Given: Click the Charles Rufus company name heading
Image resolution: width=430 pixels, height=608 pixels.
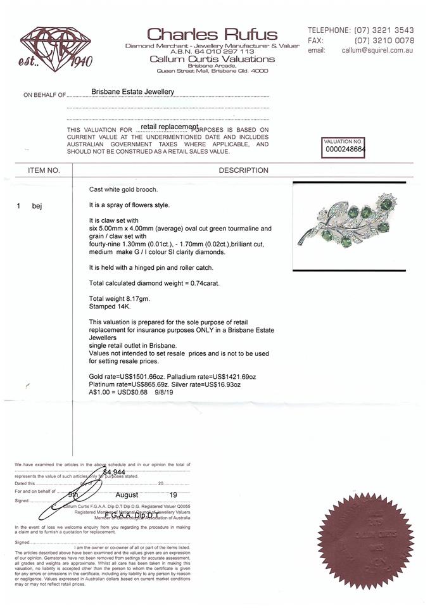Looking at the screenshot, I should (x=212, y=34).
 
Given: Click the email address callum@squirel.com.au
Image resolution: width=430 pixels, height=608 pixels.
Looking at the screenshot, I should (x=377, y=50).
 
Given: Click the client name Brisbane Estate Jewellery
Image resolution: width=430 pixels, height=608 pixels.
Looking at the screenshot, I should (x=132, y=92).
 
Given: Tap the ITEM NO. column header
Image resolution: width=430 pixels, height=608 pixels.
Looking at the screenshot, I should (x=44, y=170).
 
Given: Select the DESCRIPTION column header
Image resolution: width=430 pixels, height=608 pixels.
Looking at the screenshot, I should (x=243, y=170).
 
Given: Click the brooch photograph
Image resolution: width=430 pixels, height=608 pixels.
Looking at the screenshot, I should (x=349, y=226).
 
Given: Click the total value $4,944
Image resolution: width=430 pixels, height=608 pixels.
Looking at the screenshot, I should (x=114, y=472).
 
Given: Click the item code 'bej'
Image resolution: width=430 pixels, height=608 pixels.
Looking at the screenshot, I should (x=37, y=206).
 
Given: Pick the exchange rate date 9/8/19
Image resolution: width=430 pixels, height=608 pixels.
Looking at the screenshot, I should (x=164, y=392).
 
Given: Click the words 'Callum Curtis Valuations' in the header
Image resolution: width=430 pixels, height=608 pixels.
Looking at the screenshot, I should (x=212, y=59).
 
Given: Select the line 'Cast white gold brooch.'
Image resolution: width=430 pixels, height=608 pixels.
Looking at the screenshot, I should (x=123, y=189).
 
